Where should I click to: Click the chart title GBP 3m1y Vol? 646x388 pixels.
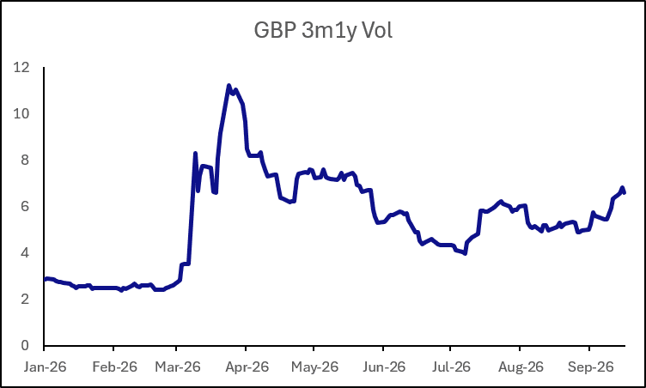tap(323, 31)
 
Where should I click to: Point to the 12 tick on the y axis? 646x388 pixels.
tap(21, 67)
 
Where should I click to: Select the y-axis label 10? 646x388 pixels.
tap(21, 113)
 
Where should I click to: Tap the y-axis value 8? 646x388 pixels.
tap(25, 160)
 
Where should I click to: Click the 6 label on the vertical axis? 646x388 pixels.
tap(25, 206)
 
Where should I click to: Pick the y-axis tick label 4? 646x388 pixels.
tap(25, 252)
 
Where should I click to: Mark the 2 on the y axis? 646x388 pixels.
tap(25, 299)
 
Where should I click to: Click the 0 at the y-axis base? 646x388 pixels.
tap(25, 345)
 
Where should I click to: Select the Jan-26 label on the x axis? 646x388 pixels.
tap(45, 367)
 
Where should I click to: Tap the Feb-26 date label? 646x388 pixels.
tap(114, 367)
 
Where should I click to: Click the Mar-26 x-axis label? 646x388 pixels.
tap(178, 367)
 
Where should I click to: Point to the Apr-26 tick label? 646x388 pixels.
tap(247, 367)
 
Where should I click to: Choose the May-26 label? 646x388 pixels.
tap(314, 367)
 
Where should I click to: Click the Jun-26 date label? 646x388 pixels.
tap(384, 367)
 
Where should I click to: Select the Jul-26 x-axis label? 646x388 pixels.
tap(451, 367)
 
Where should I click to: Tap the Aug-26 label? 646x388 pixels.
tap(521, 367)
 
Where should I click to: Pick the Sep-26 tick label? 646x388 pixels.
tap(591, 367)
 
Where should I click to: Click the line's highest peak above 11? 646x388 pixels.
tap(229, 86)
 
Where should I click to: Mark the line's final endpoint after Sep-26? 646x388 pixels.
tap(625, 192)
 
